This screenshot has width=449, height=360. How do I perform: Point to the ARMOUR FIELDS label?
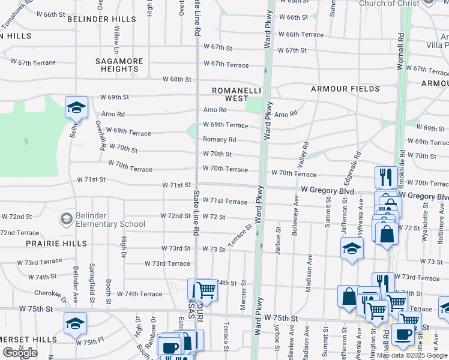tap(345, 89)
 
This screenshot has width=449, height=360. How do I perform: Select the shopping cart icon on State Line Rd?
tap(206, 290)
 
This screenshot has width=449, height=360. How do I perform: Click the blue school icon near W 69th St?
tap(76, 108)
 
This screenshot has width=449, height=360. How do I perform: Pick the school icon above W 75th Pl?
tap(75, 323)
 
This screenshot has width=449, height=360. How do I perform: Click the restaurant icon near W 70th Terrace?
tap(385, 177)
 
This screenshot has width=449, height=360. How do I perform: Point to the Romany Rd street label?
tap(219, 140)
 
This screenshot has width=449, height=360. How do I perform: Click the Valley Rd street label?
tap(306, 154)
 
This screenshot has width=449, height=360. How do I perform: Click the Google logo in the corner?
tap(20, 353)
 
